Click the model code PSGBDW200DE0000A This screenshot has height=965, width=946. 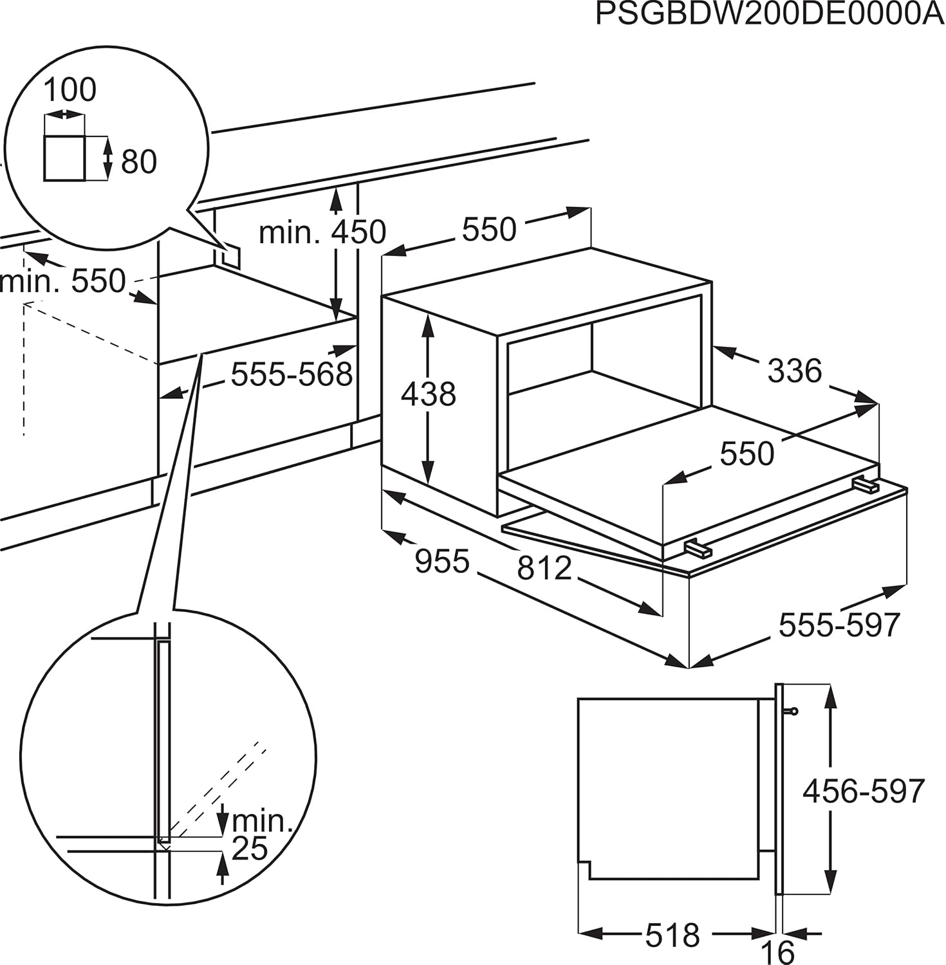click(x=770, y=14)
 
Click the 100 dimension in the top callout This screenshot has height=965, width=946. click(x=70, y=89)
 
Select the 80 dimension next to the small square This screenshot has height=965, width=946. click(x=139, y=161)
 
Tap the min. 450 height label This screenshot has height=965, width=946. click(x=322, y=232)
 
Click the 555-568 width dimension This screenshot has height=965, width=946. click(x=292, y=374)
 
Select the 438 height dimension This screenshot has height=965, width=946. click(x=428, y=394)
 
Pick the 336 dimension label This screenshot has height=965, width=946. click(x=794, y=371)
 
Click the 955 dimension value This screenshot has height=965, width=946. click(x=442, y=561)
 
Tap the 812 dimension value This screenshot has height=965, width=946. click(x=544, y=568)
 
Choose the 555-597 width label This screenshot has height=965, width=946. click(x=839, y=624)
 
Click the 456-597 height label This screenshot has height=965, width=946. click(x=863, y=791)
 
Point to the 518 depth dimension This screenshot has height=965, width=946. click(x=672, y=935)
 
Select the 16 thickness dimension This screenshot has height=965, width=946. click(x=777, y=951)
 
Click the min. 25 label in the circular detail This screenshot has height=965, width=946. click(x=257, y=834)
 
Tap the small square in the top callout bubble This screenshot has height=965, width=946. click(x=64, y=158)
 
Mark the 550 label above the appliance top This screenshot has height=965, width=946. click(x=489, y=229)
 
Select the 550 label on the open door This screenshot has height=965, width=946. click(x=747, y=454)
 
